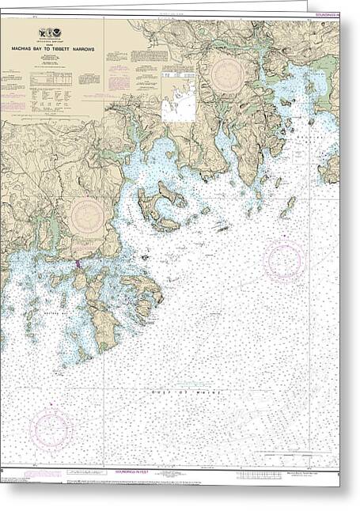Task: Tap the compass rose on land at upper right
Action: coord(227,74)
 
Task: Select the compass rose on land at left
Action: coord(87,216)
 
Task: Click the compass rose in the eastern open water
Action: coord(283,259)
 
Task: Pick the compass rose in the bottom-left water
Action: coord(51,430)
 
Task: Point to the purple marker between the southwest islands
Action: coord(78,265)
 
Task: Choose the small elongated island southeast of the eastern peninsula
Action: coord(287,207)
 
